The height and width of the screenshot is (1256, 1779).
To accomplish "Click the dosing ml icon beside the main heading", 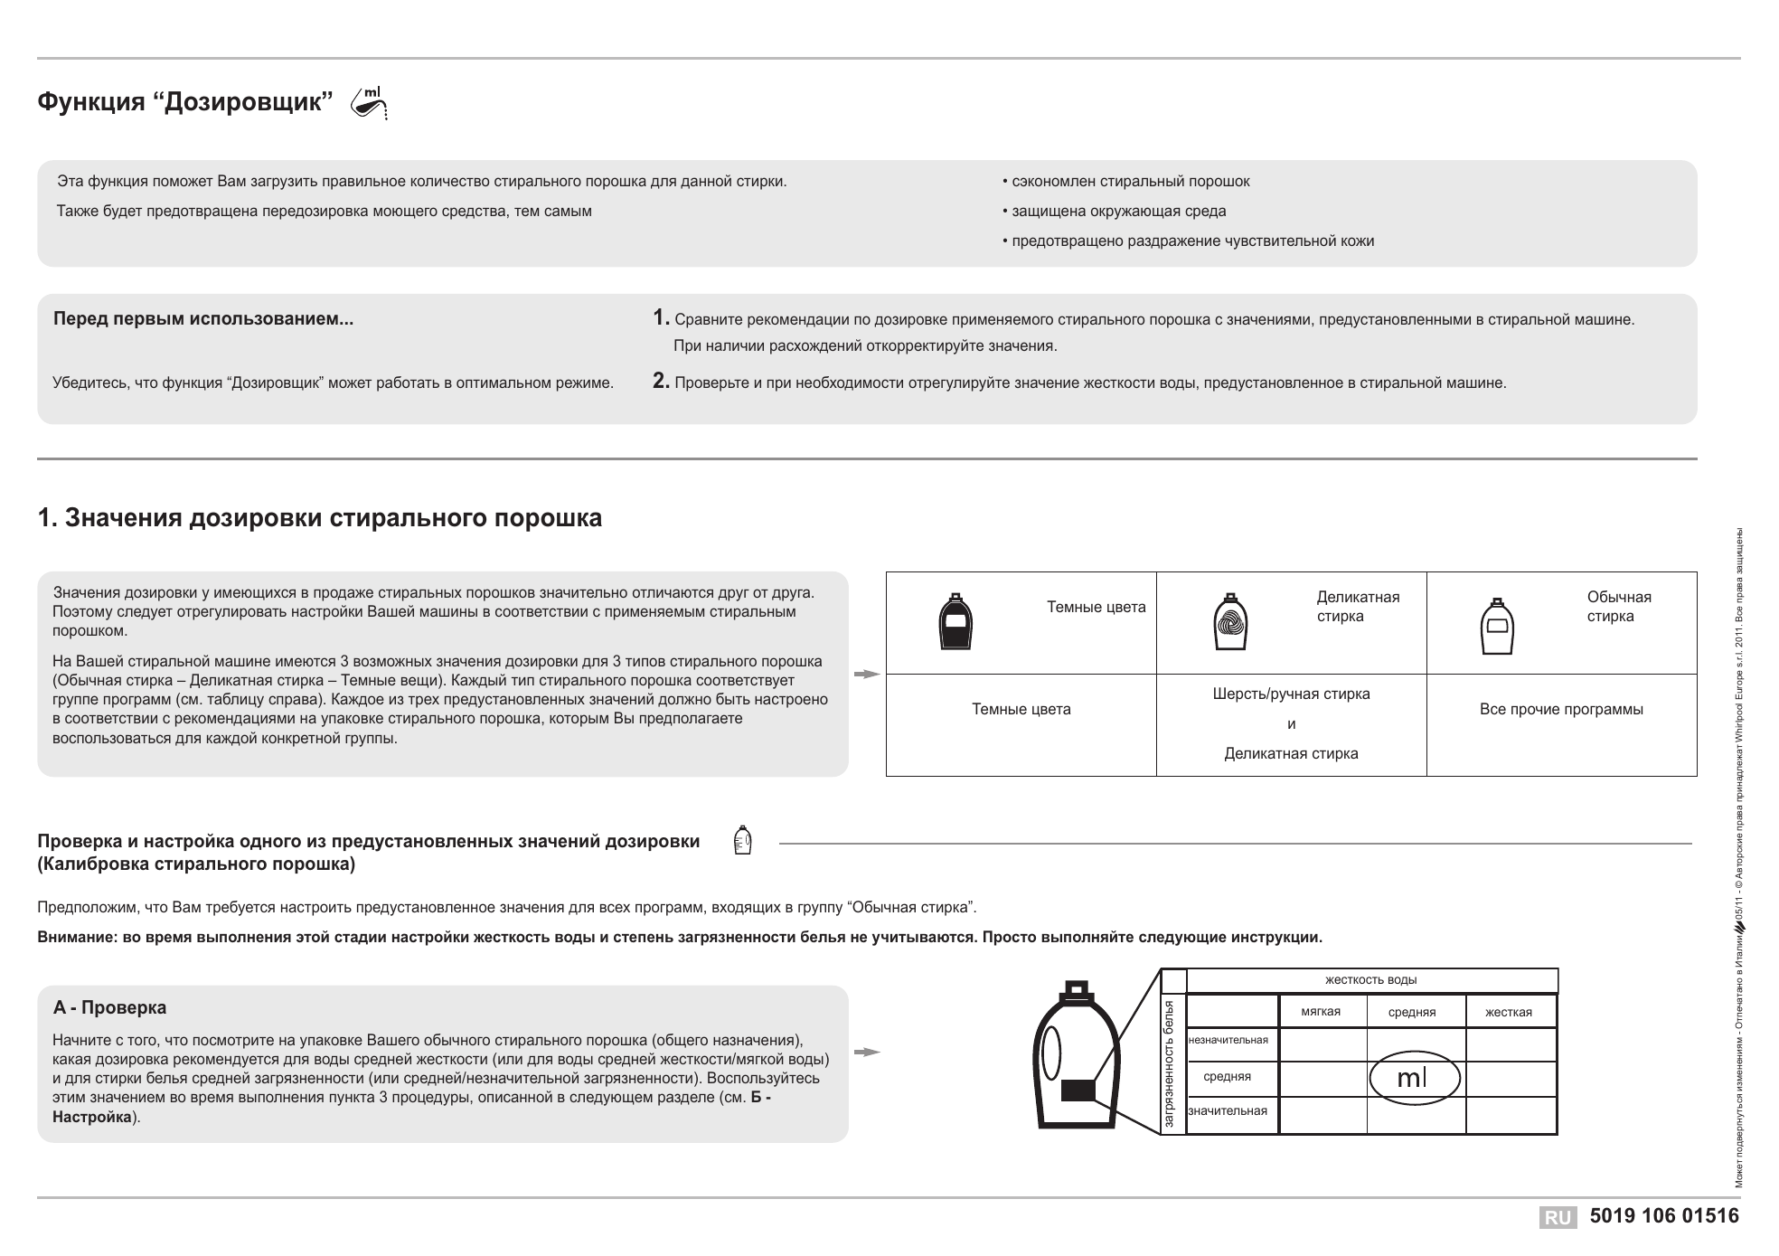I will pos(370,103).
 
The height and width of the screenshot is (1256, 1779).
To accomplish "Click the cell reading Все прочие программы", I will pos(1561,710).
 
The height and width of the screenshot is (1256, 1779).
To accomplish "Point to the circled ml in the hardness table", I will pos(1414,1078).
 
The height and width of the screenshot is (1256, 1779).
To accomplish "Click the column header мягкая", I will pos(1321,1012).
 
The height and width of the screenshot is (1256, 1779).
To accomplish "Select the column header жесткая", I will pos(1509,1013).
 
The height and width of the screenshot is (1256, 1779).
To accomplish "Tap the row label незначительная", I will pos(1228,1040).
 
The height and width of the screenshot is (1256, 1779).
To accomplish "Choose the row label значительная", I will pos(1228,1111).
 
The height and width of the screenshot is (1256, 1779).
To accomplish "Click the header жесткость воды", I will pos(1370,980).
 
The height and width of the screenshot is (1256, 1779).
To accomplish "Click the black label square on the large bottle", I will pos(1078,1091).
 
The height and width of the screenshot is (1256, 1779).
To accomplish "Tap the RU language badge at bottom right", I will pos(1558,1218).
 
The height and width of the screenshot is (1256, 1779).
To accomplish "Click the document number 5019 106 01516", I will pos(1664,1217).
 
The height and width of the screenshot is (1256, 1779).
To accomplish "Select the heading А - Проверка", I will pos(109,1008).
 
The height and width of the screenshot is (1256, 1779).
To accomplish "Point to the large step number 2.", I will pos(661,382).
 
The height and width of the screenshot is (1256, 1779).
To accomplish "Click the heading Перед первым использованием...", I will pos(203,319).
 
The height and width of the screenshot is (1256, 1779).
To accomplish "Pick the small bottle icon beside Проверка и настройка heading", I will pos(742,841).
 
